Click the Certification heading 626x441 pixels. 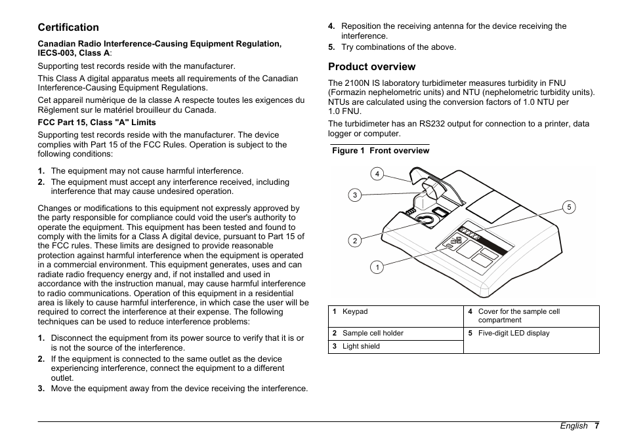point(68,28)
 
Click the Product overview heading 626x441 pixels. point(371,67)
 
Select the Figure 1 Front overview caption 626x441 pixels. point(381,151)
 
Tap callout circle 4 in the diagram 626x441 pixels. point(377,174)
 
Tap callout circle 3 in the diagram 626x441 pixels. point(354,195)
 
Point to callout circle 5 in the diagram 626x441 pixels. point(569,207)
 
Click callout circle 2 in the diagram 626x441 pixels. point(354,240)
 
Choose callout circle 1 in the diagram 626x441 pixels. point(377,267)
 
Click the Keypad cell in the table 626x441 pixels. point(355,312)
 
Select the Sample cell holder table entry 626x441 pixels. point(372,334)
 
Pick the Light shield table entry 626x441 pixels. point(361,347)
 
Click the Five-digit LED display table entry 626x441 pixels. point(514,334)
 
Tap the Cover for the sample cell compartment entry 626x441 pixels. point(518,316)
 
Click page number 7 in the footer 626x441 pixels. point(597,426)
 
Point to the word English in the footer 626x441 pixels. point(574,426)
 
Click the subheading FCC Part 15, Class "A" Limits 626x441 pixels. point(96,123)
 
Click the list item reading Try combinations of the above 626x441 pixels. point(398,47)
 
